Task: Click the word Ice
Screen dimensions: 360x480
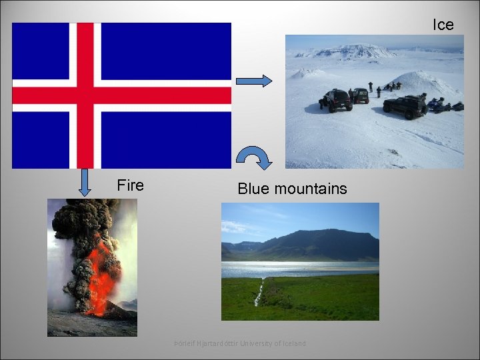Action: (x=443, y=25)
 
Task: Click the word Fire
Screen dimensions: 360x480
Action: (x=130, y=185)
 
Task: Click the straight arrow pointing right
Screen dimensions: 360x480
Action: (x=254, y=81)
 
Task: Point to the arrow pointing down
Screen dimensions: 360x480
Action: (x=85, y=183)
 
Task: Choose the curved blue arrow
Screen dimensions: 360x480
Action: (x=254, y=157)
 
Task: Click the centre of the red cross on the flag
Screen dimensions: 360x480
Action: (x=85, y=95)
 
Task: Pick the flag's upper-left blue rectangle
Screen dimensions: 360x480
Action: (x=44, y=51)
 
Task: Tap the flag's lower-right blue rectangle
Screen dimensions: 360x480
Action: (x=167, y=140)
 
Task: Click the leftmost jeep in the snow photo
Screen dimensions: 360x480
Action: (x=338, y=100)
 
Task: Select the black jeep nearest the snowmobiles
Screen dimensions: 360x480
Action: (x=405, y=105)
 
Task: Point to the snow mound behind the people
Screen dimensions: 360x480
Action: (x=427, y=83)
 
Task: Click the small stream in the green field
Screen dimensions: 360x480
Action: (x=259, y=293)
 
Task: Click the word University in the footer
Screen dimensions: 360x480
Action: (x=257, y=343)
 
